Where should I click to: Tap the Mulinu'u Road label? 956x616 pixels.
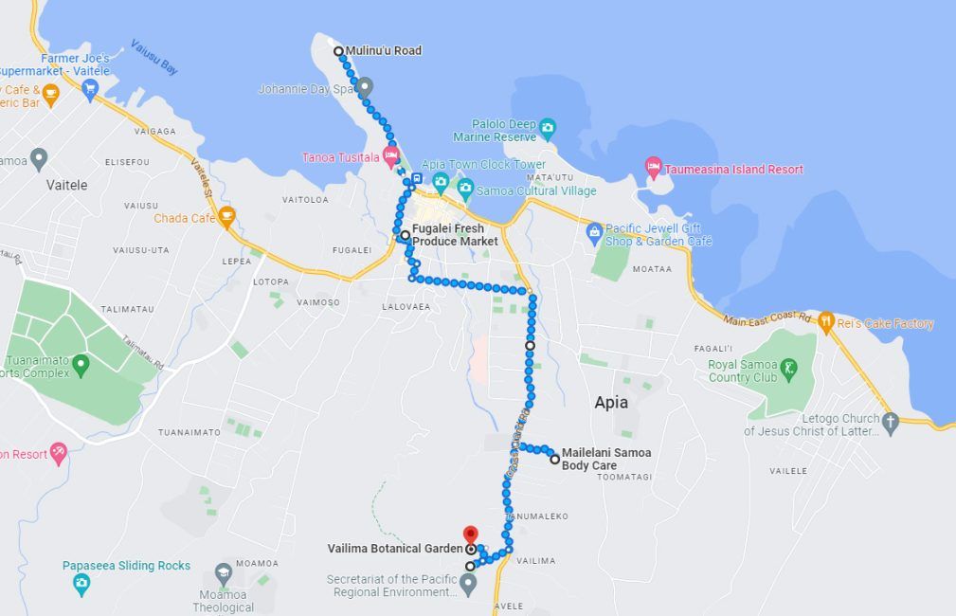(x=383, y=50)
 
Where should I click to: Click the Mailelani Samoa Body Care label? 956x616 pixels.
(x=606, y=459)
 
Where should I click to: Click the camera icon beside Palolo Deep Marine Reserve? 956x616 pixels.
(x=548, y=125)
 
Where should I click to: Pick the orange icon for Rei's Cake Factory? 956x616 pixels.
(x=825, y=323)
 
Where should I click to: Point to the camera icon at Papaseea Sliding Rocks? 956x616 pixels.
(x=81, y=583)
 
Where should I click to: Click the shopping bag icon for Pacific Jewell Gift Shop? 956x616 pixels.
(x=594, y=229)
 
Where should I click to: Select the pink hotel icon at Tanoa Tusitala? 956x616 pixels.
(x=390, y=155)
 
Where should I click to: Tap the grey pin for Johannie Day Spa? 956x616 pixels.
(x=366, y=87)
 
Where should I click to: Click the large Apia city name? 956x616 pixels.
(x=611, y=402)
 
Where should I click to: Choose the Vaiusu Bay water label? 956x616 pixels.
(x=154, y=57)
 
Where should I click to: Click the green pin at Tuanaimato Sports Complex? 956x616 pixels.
(x=81, y=362)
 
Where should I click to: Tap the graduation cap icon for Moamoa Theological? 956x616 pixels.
(x=223, y=572)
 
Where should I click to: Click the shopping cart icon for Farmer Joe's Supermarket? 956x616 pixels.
(x=91, y=89)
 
